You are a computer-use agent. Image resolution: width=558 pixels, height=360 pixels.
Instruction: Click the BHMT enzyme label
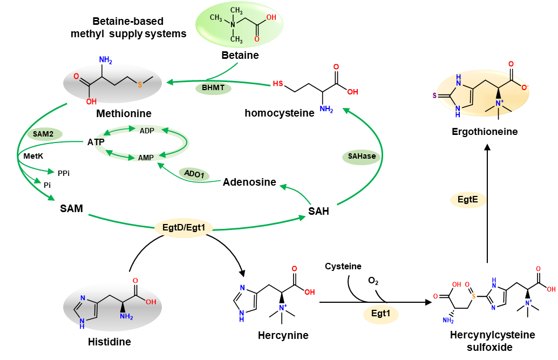(x=213, y=88)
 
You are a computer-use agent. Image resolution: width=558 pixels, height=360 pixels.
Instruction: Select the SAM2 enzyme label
(x=44, y=134)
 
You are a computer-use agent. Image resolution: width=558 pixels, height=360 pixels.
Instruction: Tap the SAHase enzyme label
(x=362, y=157)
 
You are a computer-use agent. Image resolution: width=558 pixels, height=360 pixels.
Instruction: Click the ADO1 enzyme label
(x=194, y=174)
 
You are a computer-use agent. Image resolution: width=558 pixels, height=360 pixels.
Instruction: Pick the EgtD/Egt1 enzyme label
(x=183, y=228)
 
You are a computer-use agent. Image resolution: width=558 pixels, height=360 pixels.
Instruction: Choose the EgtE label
(x=468, y=200)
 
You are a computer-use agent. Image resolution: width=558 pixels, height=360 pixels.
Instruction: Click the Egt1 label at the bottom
(x=380, y=314)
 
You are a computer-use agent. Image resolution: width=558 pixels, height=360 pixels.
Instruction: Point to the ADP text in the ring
(x=147, y=131)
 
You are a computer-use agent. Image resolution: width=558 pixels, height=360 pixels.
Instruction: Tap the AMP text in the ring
(x=146, y=158)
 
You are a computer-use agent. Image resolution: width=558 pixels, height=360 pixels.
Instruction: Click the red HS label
(x=277, y=84)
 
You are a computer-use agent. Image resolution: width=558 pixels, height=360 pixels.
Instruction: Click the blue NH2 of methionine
(x=105, y=59)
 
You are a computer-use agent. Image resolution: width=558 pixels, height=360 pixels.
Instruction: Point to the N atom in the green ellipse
(x=233, y=24)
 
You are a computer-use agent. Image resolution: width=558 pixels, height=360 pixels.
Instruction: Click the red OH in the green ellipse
(x=271, y=17)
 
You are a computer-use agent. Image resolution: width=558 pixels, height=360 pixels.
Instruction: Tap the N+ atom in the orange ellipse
(x=499, y=103)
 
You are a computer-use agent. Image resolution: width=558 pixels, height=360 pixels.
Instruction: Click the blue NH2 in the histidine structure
(x=126, y=317)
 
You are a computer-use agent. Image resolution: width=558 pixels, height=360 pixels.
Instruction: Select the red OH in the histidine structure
(x=151, y=302)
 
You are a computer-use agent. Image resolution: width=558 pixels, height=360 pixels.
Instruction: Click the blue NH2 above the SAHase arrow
(x=326, y=109)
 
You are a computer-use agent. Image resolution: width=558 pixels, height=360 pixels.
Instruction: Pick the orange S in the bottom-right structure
(x=474, y=296)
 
